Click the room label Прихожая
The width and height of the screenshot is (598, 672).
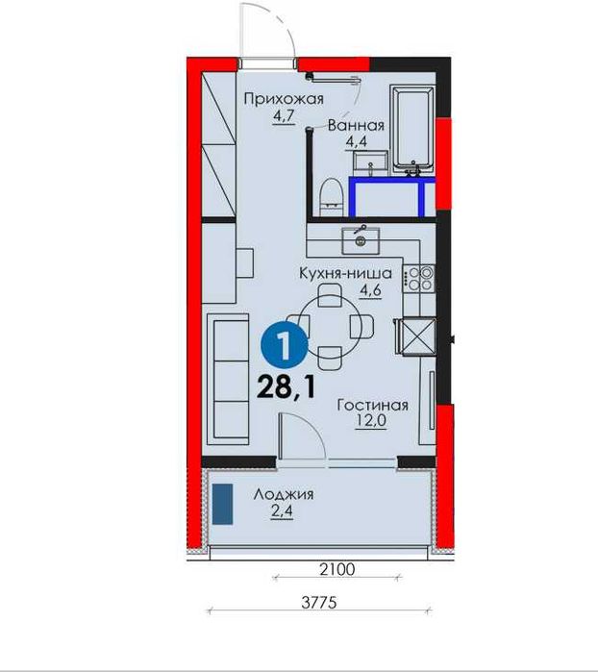284,99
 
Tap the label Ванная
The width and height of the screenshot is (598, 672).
356,126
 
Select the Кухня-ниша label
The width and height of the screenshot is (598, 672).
345,273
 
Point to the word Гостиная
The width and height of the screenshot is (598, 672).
372,405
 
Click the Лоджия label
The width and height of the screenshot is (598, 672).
284,494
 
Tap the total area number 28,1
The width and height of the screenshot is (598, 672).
287,388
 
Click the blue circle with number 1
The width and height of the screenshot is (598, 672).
285,345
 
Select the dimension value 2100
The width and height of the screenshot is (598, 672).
337,569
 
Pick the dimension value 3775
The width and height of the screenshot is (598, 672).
319,603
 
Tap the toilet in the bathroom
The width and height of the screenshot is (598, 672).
332,197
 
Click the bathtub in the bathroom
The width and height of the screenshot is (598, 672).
412,129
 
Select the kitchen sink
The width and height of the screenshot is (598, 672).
361,241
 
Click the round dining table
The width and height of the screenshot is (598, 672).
330,327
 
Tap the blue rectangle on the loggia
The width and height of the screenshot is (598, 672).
222,504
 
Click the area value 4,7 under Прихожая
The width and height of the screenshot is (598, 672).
284,116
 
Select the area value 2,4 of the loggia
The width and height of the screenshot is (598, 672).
282,511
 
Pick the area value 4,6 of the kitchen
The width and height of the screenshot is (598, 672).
370,290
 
